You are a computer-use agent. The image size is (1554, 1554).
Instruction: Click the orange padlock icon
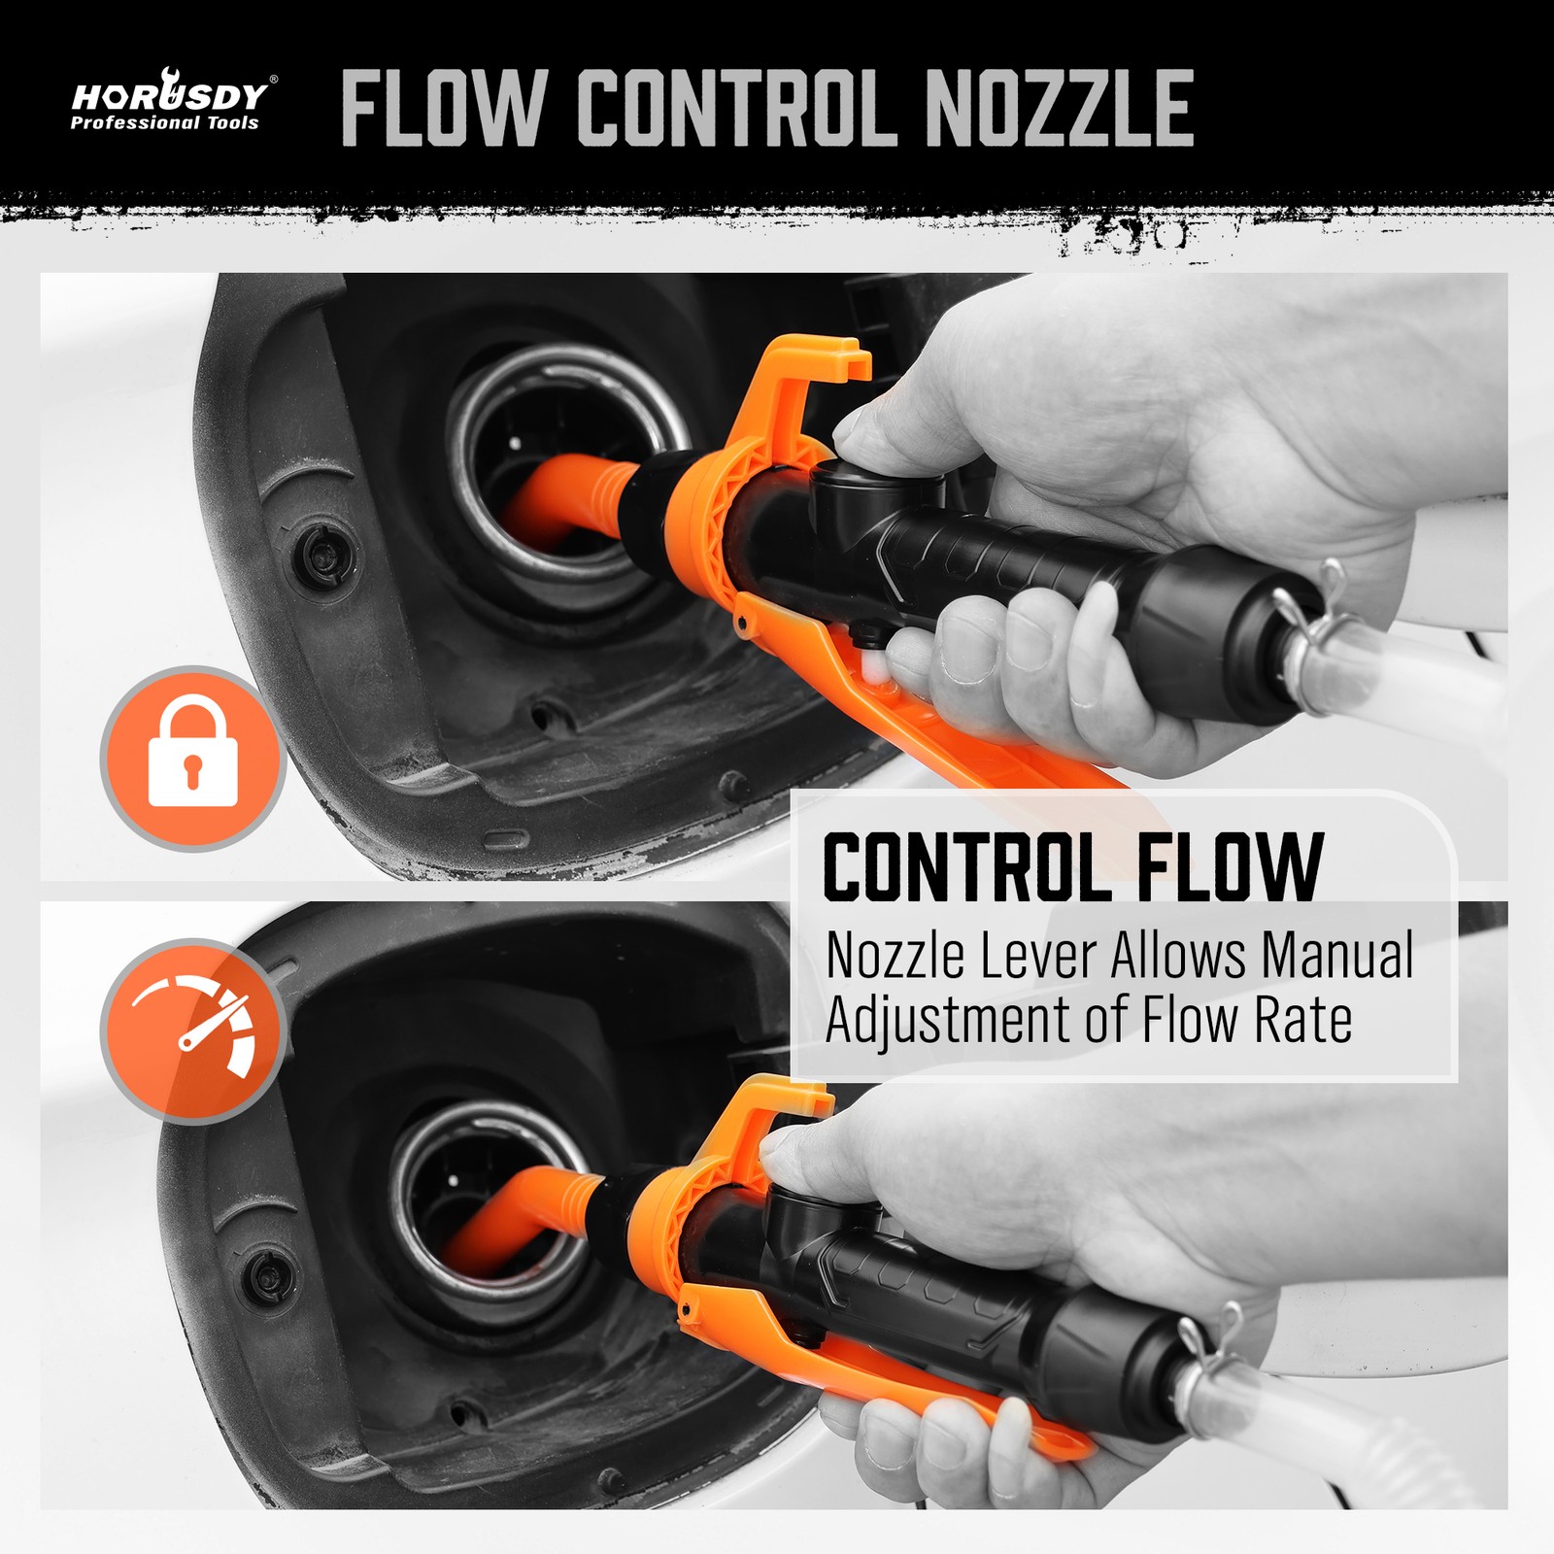[192, 758]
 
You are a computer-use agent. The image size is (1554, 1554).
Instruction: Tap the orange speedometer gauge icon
[192, 1030]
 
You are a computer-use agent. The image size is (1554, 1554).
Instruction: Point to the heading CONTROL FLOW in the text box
[1073, 866]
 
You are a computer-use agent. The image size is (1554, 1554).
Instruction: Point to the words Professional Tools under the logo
[164, 123]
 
